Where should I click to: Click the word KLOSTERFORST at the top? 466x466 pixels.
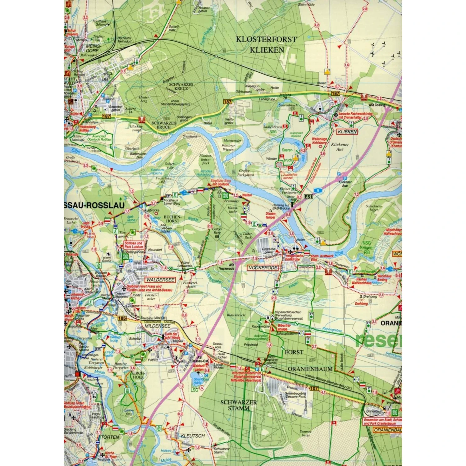point(266,39)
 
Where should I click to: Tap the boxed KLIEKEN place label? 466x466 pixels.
point(347,132)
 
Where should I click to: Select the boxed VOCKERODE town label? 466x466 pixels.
point(263,267)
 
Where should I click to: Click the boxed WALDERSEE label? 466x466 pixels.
point(161,280)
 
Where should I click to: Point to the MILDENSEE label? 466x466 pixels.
point(157,326)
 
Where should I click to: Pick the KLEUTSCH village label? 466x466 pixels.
point(193,436)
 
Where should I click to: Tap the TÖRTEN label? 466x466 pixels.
point(110,437)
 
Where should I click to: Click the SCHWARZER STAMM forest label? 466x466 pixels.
point(239,405)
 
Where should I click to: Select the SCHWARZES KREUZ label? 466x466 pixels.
point(181,86)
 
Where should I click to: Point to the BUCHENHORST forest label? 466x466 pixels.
point(172,219)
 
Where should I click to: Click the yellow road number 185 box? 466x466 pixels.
point(122,318)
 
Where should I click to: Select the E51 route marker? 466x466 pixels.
point(308,197)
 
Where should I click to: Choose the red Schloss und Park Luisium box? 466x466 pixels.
point(134,245)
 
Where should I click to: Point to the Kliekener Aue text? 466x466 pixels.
point(340,147)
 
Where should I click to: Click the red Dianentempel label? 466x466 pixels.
point(271,215)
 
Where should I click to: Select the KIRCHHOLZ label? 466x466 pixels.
point(138,375)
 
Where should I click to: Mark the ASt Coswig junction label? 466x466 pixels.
point(377,105)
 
